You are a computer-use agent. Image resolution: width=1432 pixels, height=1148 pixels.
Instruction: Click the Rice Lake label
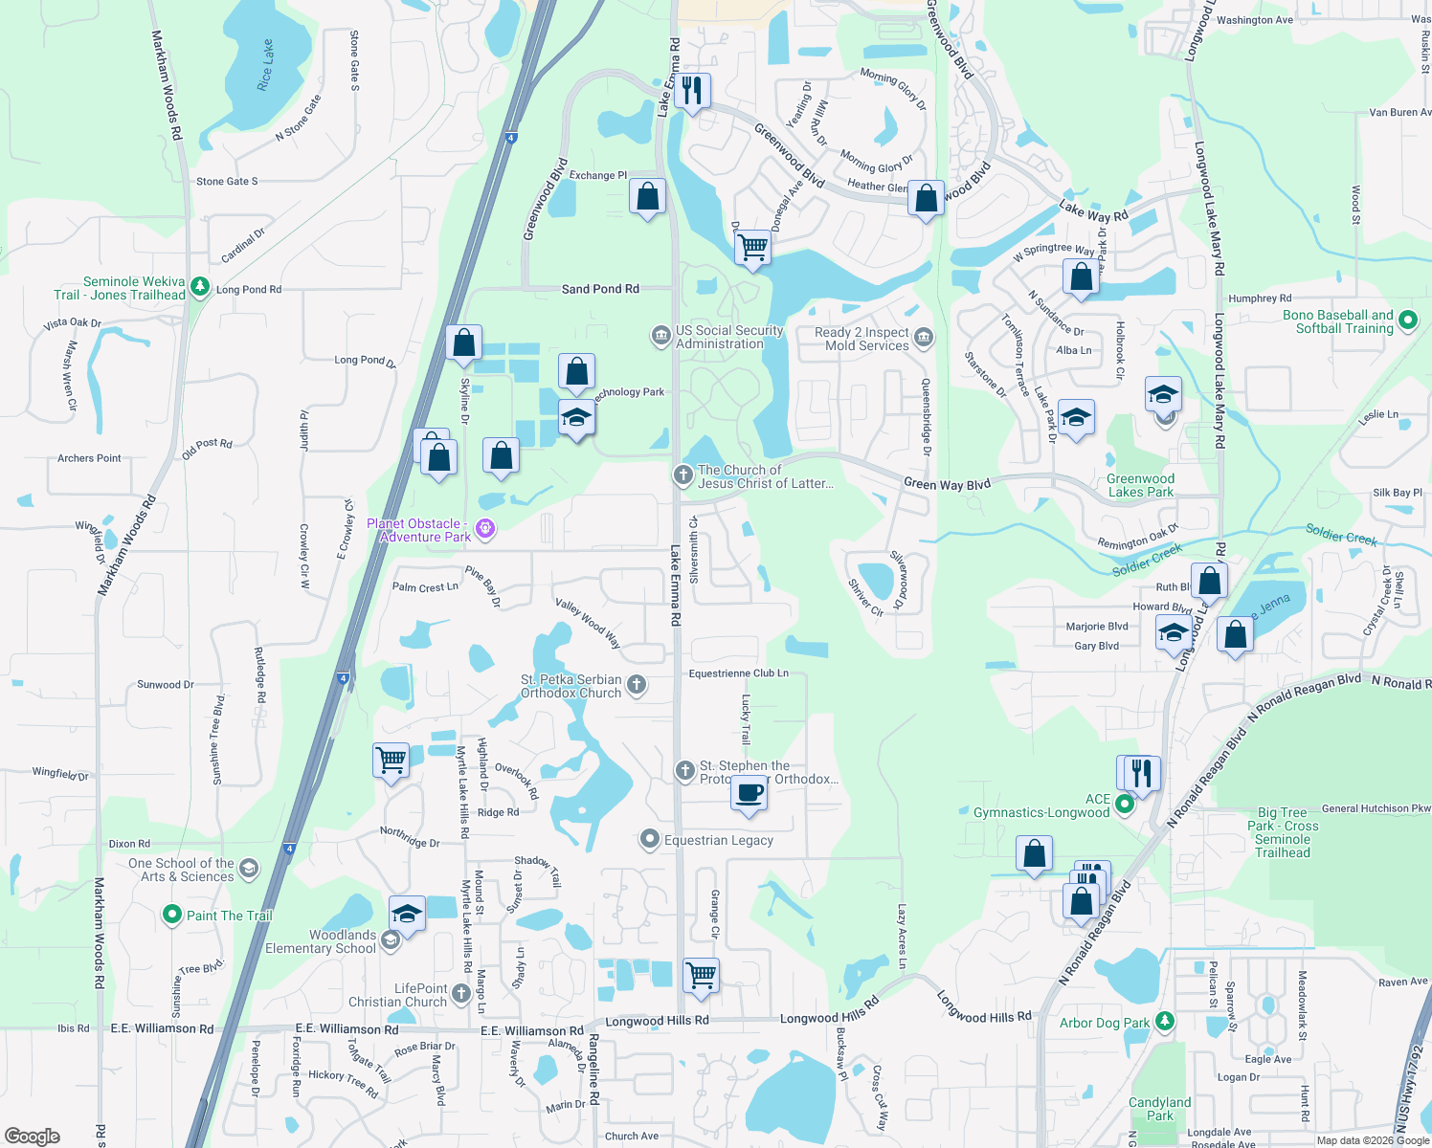coord(265,65)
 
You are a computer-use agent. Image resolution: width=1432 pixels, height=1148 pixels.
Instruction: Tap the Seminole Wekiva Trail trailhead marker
coord(200,285)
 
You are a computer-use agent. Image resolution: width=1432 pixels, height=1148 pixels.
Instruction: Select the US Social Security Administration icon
coord(660,336)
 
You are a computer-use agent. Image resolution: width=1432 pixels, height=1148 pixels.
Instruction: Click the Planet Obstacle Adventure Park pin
coord(485,528)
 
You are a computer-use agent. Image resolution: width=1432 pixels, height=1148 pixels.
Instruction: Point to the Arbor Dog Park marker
coord(1164,1022)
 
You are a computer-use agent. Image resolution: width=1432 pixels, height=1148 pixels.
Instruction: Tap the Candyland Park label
coord(1159,1109)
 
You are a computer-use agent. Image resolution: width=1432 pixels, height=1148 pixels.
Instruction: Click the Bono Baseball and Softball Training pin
coord(1407,320)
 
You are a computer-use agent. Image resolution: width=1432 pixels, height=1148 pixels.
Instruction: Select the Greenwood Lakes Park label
coord(1140,485)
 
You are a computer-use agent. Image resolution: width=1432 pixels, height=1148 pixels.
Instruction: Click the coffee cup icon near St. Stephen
coord(750,793)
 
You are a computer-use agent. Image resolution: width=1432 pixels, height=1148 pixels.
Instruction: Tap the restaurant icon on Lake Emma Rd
coord(691,91)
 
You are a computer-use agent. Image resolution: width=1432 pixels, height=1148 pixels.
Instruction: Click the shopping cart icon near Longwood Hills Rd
coord(702,975)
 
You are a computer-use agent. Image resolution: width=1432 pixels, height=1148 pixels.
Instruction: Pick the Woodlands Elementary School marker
coord(390,940)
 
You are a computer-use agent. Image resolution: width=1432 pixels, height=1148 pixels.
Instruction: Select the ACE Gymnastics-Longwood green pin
coord(1126,805)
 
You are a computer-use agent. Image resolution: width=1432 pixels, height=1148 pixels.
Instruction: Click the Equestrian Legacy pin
coord(650,840)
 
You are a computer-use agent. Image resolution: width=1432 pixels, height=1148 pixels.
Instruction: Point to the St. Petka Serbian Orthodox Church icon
coord(637,685)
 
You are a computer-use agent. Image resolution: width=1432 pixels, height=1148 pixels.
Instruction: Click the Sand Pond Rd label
coord(600,289)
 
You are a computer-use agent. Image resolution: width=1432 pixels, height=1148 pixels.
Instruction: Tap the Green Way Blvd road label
coord(947,484)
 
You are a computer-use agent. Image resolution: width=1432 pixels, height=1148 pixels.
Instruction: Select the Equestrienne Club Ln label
coord(739,673)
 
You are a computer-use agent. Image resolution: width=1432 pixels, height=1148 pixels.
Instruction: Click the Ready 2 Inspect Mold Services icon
coord(924,337)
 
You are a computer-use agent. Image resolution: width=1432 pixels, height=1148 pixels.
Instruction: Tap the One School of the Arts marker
coord(249,869)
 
